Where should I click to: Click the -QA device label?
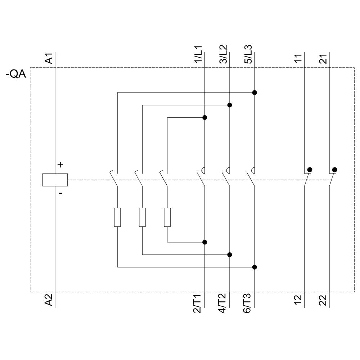tap(16, 75)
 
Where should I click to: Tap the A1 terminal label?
tap(49, 58)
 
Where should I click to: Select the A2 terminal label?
tap(49, 300)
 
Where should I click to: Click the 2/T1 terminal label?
tap(198, 303)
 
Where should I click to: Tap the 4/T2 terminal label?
tap(224, 303)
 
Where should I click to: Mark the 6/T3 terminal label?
tap(249, 303)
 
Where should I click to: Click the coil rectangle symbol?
tap(55, 180)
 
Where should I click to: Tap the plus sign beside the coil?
tap(60, 165)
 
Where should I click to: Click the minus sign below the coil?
tap(60, 193)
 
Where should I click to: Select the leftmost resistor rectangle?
tap(117, 217)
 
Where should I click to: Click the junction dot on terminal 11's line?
tap(310, 170)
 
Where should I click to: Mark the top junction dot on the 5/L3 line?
tap(255, 93)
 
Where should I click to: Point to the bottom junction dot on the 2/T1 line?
tap(204, 242)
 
